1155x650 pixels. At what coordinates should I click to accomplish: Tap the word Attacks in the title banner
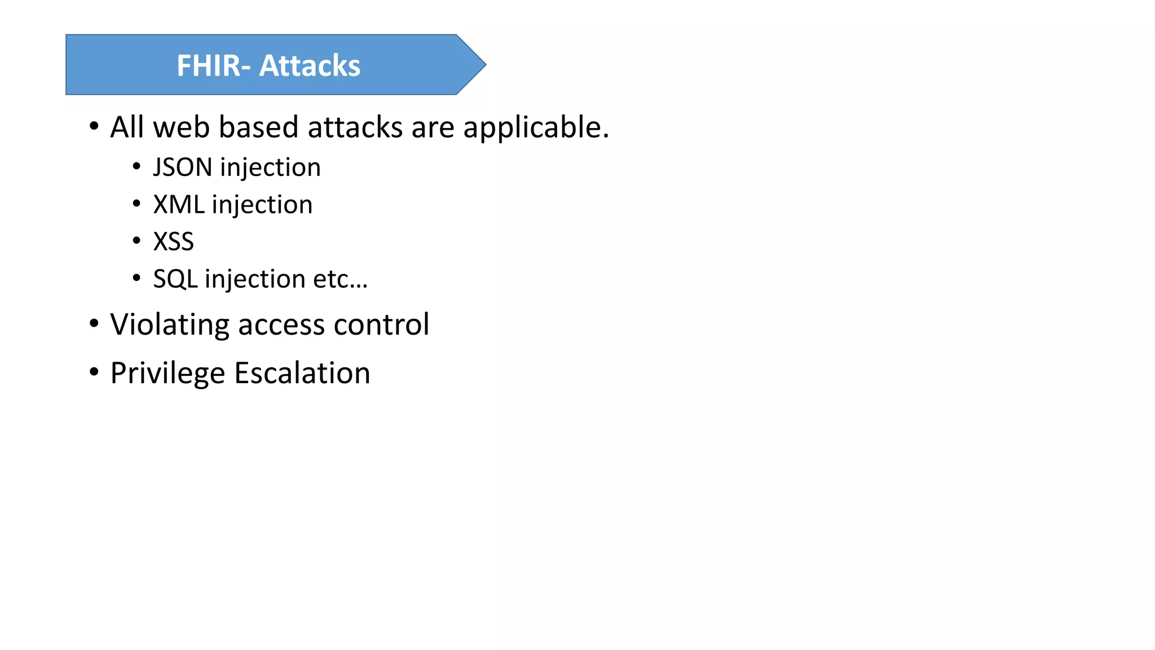click(x=310, y=65)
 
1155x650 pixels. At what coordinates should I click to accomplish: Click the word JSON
click(x=183, y=167)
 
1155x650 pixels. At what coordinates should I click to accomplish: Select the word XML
click(x=178, y=204)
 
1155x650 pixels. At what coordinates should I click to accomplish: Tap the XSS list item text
click(x=174, y=241)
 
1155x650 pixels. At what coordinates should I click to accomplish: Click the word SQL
click(x=175, y=279)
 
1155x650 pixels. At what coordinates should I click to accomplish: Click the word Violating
click(x=170, y=325)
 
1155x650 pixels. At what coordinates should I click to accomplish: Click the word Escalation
click(x=302, y=373)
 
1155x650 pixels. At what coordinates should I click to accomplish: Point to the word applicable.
click(x=536, y=128)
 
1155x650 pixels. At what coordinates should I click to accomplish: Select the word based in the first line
click(x=259, y=127)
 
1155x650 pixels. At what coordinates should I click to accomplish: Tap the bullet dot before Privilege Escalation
click(x=94, y=372)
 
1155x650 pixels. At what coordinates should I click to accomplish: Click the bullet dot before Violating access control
click(x=94, y=323)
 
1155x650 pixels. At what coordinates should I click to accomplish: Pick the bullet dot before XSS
click(x=136, y=241)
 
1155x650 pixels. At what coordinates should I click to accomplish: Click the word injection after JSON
click(x=270, y=168)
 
